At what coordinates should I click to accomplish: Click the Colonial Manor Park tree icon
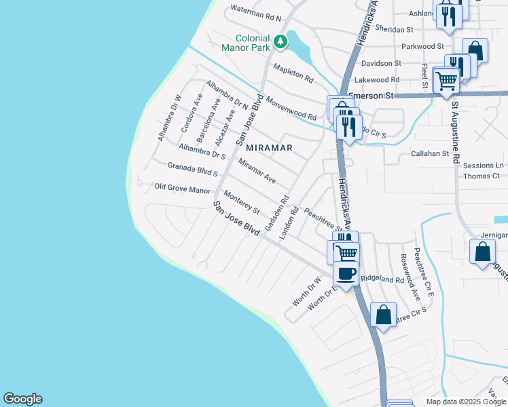click(280, 43)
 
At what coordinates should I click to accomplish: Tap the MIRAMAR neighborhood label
click(269, 148)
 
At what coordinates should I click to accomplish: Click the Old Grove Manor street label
click(183, 189)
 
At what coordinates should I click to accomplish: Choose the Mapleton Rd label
click(293, 73)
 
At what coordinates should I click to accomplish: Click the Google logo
click(22, 399)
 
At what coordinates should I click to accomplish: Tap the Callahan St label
click(430, 154)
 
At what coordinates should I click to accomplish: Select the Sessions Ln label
click(483, 166)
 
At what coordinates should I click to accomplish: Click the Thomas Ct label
click(481, 176)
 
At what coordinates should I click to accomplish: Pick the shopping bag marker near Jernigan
click(482, 252)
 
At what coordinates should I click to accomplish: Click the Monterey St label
click(242, 201)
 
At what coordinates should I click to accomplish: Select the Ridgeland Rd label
click(382, 279)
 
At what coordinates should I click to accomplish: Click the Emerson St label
click(371, 96)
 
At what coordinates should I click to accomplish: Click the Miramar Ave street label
click(257, 170)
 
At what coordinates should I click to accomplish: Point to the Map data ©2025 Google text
click(465, 402)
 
